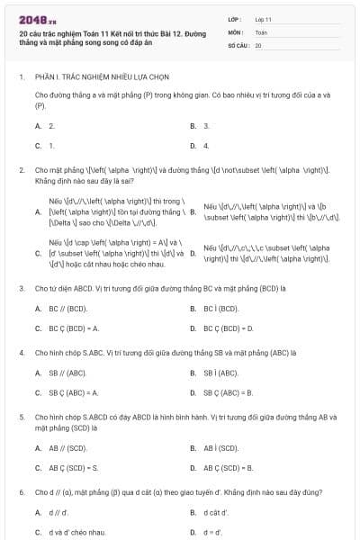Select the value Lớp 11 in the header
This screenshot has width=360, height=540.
coord(263,19)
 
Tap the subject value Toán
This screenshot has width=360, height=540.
coord(262,31)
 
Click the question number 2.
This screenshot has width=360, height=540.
coord(21,169)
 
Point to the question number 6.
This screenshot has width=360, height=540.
coord(21,493)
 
